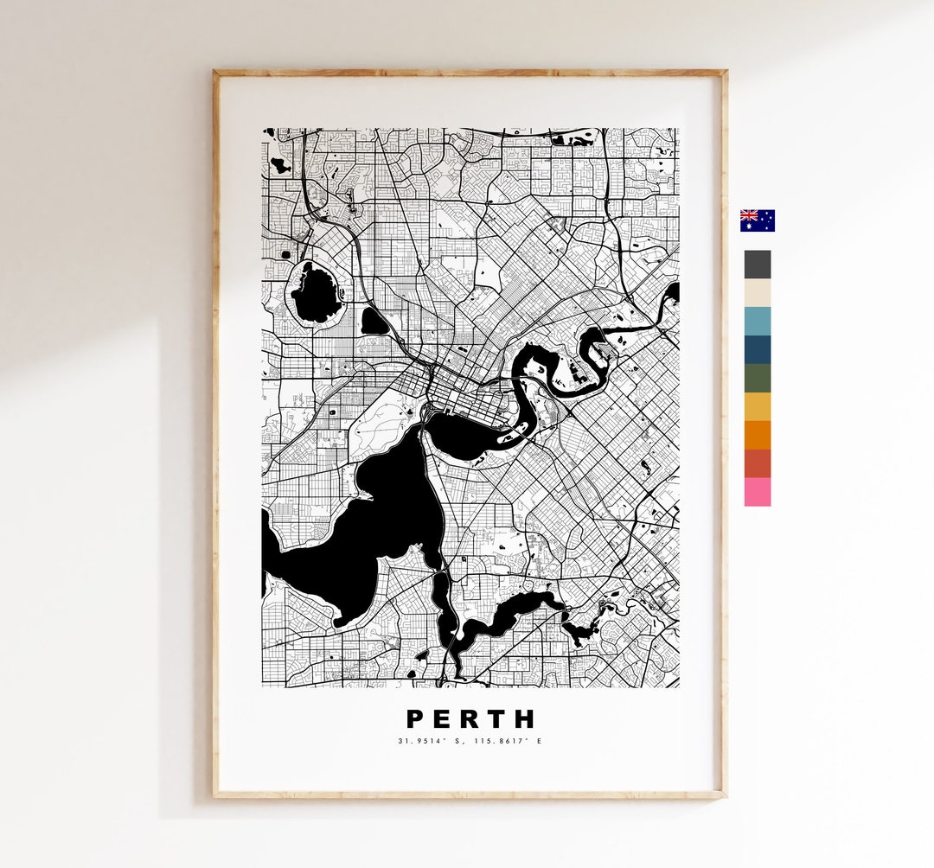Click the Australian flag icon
(758, 220)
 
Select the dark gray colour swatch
(758, 265)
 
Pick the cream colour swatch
(758, 293)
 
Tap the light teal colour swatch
(758, 322)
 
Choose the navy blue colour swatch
(758, 350)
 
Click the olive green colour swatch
(758, 379)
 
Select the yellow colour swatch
(758, 406)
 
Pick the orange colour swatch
(758, 435)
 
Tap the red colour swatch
(758, 463)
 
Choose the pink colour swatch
(758, 492)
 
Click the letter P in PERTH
(415, 719)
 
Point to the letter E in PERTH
(444, 719)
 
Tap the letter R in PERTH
(471, 719)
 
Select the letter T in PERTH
(498, 719)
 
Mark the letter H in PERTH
(526, 719)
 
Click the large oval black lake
(315, 293)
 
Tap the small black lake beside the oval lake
(374, 322)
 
